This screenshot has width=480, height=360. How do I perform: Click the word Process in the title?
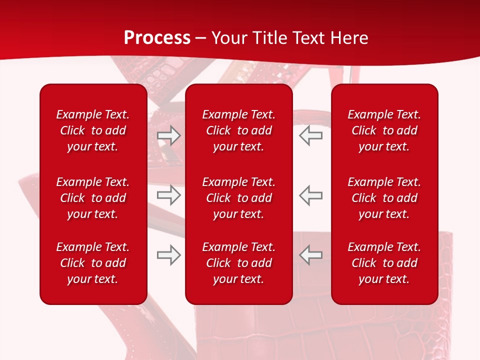157,38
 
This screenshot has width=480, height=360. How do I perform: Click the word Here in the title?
349,38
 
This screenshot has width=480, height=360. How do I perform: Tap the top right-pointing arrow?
169,135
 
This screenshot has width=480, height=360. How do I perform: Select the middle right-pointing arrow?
169,195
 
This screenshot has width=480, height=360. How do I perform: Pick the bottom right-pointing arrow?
169,255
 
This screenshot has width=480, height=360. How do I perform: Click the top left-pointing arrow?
310,135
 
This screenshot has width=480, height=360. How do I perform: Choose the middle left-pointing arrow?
310,195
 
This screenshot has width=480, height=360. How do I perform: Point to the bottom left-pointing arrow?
310,255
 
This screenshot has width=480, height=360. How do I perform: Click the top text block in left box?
93,130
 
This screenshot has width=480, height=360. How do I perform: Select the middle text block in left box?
93,198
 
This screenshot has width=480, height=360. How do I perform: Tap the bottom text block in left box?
93,263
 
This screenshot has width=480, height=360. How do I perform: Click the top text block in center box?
238,130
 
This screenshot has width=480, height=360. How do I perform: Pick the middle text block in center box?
238,198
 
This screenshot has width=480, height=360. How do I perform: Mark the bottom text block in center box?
238,263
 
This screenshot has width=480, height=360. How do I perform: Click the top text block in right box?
384,130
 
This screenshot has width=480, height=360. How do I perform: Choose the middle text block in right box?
384,198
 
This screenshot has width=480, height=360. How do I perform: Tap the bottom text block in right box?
384,263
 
